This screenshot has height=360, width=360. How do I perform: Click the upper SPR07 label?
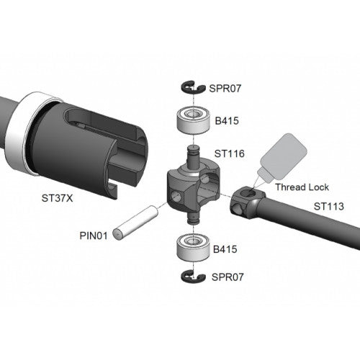[225, 89]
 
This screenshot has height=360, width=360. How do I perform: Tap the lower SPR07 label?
[228, 277]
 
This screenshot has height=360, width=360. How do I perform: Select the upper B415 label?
[227, 121]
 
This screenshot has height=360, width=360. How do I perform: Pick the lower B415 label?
[225, 249]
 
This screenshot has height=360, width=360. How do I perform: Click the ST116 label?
[230, 154]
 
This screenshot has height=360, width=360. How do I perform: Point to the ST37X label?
[57, 198]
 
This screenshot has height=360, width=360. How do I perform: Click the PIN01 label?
[94, 235]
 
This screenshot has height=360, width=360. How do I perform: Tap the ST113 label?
[329, 207]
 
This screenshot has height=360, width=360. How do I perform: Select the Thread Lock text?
[302, 187]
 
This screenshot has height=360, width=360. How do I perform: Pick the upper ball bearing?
[193, 120]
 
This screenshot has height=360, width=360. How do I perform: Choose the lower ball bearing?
[193, 248]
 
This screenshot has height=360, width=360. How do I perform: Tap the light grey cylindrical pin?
[136, 222]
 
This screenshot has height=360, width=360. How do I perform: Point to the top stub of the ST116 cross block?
[193, 156]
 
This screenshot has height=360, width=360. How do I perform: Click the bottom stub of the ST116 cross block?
[193, 218]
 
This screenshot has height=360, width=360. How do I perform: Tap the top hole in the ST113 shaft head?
[248, 192]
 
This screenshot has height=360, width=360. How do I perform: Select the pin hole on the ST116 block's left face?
[176, 196]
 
